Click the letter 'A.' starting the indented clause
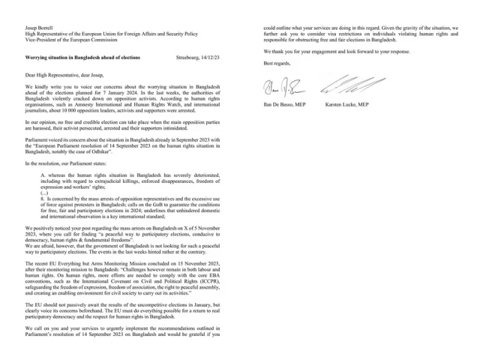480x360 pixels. coord(43,174)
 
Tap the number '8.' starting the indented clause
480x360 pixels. coord(43,198)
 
